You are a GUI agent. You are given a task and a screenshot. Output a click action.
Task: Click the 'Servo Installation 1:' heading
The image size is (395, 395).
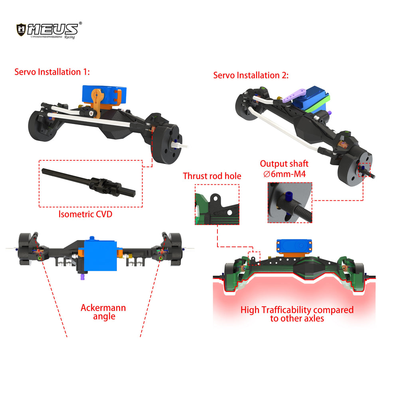52,72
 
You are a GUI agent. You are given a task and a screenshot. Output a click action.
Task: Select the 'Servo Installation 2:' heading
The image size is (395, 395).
251,75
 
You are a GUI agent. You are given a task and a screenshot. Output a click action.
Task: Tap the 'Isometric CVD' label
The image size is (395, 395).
85,214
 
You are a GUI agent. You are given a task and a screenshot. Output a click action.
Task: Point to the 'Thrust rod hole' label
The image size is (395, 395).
212,176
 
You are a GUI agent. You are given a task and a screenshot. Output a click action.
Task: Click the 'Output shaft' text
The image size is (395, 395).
284,164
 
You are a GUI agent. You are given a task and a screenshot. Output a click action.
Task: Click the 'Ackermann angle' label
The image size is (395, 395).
103,312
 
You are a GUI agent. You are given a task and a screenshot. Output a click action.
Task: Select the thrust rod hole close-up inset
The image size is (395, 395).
217,204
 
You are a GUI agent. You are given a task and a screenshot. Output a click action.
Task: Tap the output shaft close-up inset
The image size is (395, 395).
290,203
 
